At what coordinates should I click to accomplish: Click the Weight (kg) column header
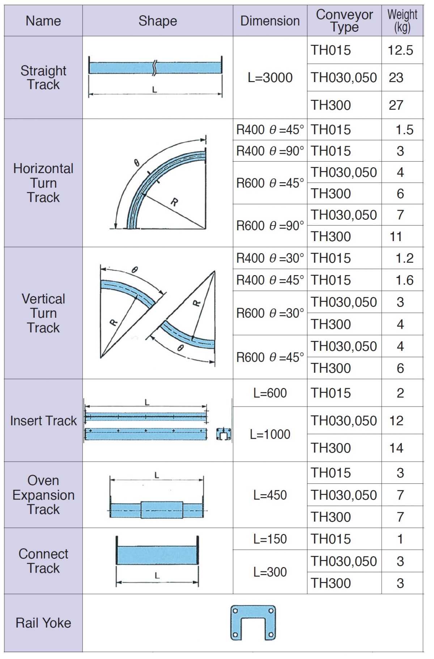tap(402, 21)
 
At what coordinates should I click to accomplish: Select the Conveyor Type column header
tap(344, 21)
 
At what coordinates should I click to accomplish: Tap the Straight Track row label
tap(43, 77)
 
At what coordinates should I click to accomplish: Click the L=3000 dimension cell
tap(270, 77)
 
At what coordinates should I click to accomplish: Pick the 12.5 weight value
tap(400, 50)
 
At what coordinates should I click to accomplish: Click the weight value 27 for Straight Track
tap(396, 105)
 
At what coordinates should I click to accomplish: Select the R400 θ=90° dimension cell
tap(270, 151)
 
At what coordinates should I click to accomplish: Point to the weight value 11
tap(396, 237)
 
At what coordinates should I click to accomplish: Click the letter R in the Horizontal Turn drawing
tap(174, 202)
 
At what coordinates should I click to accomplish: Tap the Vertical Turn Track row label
tap(43, 313)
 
